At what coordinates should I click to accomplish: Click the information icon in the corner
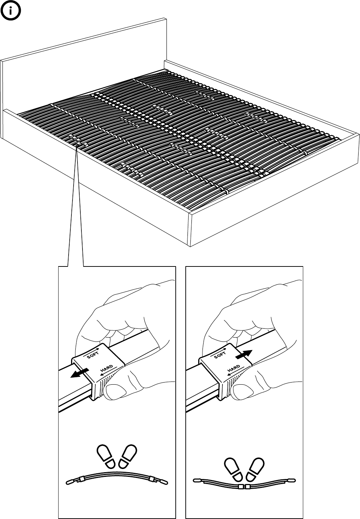coord(11,11)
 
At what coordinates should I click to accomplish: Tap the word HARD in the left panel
coord(107,368)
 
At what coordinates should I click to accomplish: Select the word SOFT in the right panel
coord(220,355)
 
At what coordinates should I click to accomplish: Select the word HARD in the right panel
coord(234,368)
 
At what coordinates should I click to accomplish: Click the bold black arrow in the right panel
coord(244,354)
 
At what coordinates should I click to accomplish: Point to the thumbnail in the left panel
coord(115,392)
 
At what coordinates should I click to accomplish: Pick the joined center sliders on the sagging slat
coord(244,486)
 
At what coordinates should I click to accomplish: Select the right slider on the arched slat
coord(151,479)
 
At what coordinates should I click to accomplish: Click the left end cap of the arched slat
coord(70,482)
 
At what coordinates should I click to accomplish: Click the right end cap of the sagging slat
coord(291,481)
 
